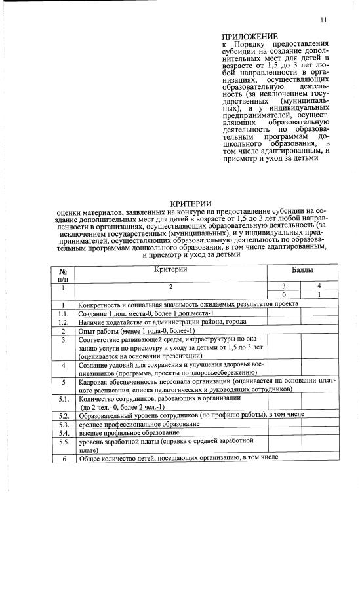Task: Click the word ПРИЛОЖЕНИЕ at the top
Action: tap(250, 36)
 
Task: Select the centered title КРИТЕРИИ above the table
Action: tap(186, 204)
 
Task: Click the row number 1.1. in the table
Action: tap(64, 314)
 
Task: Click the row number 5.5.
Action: tap(64, 442)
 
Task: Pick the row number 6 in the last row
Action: tap(64, 458)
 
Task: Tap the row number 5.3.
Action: tap(64, 425)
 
